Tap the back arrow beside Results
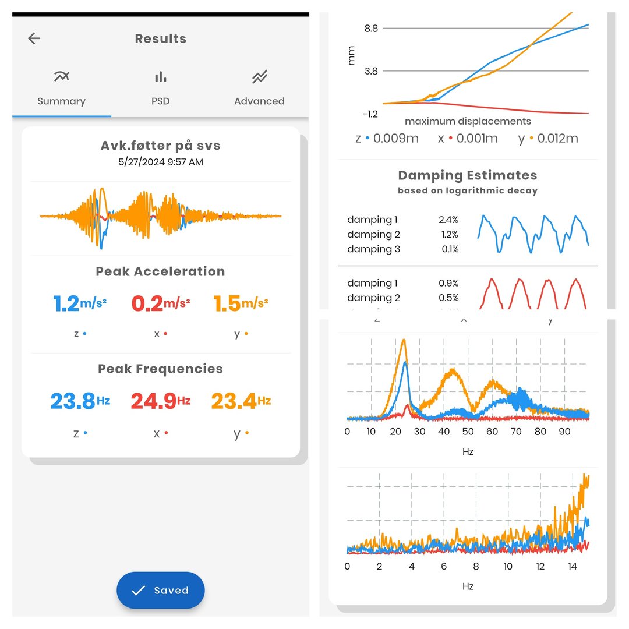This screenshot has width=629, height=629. click(34, 38)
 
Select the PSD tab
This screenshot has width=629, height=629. click(160, 87)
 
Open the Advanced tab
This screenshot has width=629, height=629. click(259, 87)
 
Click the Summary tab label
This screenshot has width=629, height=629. click(61, 101)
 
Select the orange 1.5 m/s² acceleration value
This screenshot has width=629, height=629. click(241, 303)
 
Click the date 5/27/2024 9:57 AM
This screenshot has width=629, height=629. click(161, 162)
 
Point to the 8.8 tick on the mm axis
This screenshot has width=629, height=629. click(371, 28)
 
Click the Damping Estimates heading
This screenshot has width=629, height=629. click(468, 175)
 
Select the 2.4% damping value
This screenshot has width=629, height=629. click(448, 220)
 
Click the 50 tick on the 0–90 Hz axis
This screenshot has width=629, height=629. click(468, 432)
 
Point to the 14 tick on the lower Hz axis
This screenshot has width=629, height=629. click(573, 567)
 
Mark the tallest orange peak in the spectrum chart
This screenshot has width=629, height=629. click(403, 341)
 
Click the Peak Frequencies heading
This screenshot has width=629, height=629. click(161, 369)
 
